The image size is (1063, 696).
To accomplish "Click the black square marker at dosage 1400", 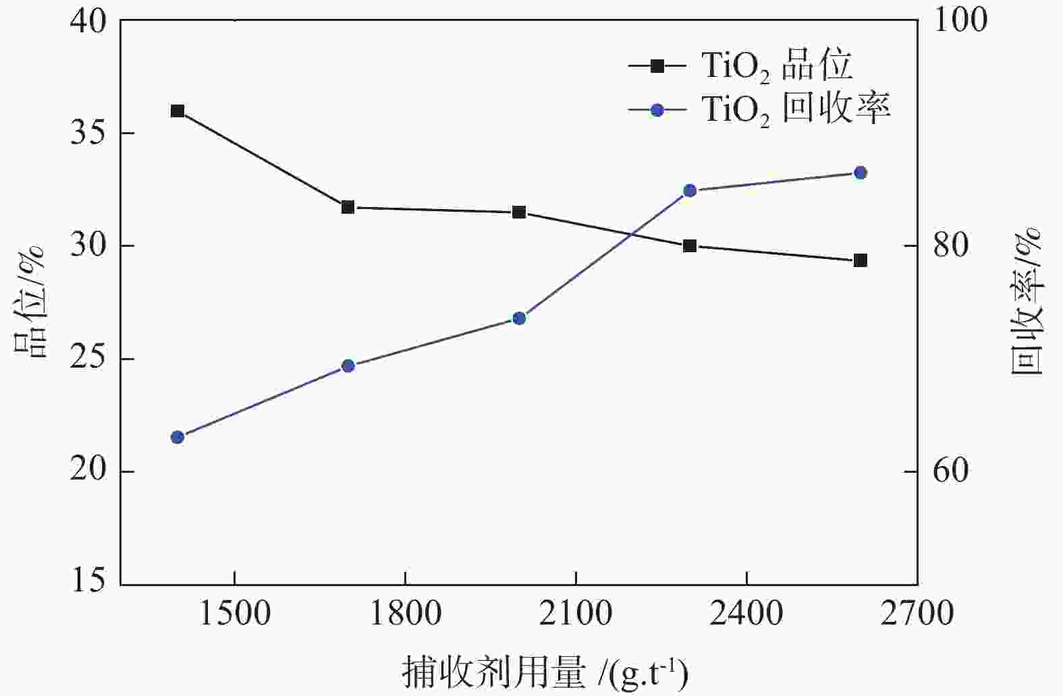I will click(178, 111).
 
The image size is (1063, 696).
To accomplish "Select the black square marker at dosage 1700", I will click(348, 207).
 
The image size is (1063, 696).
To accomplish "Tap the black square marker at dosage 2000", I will click(519, 212).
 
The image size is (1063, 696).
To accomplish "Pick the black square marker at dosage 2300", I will click(690, 245).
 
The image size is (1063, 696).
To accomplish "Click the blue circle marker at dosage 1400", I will click(178, 437).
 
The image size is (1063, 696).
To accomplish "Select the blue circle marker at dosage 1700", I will click(348, 366).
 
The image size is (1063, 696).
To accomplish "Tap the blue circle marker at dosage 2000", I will click(519, 318).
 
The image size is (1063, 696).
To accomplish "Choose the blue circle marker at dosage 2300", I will click(690, 191).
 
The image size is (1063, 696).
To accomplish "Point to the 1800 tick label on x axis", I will click(405, 614).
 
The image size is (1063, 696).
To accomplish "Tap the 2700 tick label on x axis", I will click(917, 614).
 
